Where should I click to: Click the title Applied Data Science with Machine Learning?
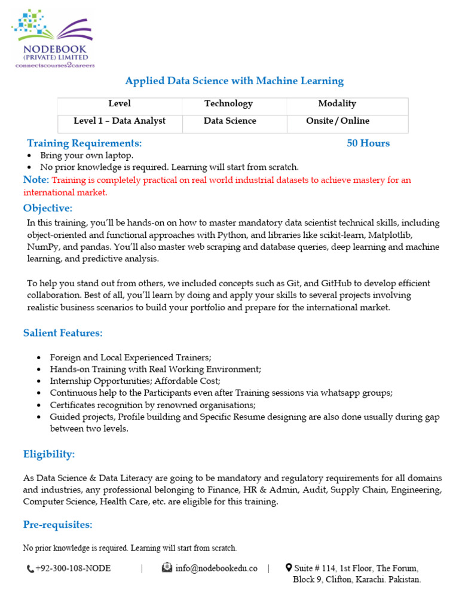point(234,81)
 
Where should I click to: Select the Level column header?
point(120,104)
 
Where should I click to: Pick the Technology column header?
point(228,104)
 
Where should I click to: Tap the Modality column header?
point(336,104)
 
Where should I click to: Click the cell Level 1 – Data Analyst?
point(120,121)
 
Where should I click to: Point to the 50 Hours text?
point(368,143)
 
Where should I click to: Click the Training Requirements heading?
point(84,143)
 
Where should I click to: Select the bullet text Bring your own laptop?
point(87,155)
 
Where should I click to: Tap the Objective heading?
point(48,208)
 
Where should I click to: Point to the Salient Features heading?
point(63,333)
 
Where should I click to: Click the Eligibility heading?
point(49,454)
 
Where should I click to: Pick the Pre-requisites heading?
point(57,525)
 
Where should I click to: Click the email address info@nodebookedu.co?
point(216,568)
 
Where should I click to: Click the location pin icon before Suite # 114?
point(289,568)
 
